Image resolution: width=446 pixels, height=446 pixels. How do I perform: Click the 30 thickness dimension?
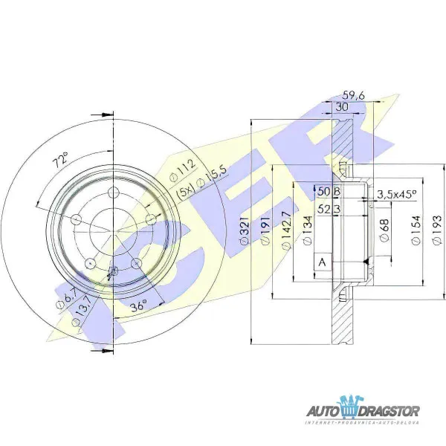pos(342,107)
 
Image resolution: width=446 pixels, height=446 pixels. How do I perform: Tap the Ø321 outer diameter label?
pos(243,233)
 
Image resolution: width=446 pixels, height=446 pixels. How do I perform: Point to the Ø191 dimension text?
pos(265,233)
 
